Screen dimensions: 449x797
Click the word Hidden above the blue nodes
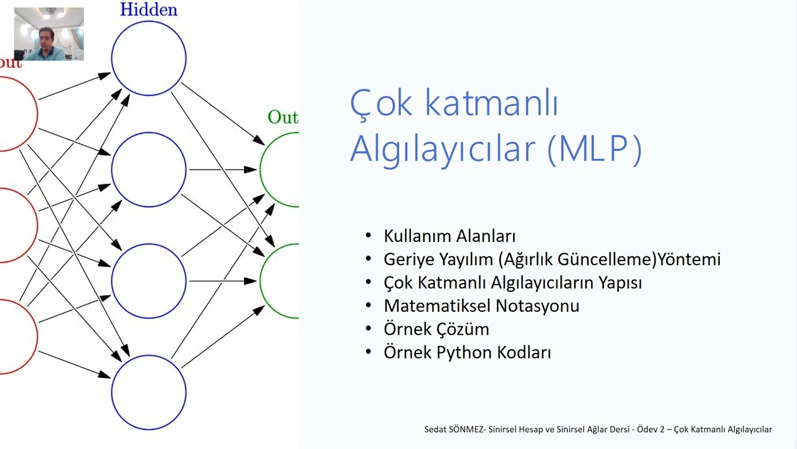[x=148, y=9]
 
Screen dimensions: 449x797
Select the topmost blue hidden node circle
[x=149, y=57]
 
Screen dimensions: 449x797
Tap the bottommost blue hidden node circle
[x=149, y=392]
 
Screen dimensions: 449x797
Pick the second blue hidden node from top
[x=149, y=169]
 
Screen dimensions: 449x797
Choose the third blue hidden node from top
[x=149, y=281]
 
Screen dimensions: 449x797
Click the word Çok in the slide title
[x=380, y=103]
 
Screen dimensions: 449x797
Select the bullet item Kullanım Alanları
[x=450, y=236]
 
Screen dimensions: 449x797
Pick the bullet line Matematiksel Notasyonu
[x=481, y=306]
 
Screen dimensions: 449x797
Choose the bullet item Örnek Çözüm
[x=436, y=329]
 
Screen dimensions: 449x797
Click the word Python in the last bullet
[x=465, y=352]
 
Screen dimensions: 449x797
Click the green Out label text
[x=283, y=117]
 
